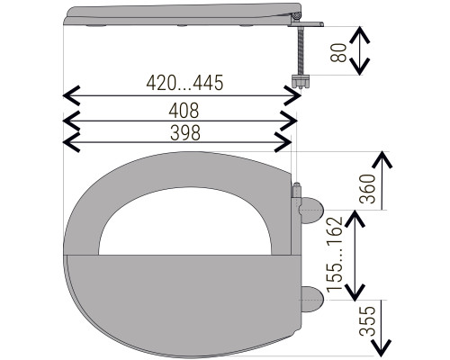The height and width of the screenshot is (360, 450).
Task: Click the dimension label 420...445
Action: coord(184,83)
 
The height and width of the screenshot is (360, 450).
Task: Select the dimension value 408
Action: coord(184,111)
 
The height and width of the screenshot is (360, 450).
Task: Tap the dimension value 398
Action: coord(185,133)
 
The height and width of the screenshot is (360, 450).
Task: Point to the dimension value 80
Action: coord(338,52)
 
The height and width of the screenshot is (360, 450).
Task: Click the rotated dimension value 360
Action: coord(367,189)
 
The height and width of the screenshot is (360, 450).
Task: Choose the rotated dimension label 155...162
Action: coord(335,255)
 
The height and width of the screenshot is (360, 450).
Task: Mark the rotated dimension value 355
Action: coord(368,320)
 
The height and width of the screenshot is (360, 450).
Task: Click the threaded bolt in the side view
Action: coord(301,51)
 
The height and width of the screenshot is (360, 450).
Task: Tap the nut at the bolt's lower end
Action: coord(301,82)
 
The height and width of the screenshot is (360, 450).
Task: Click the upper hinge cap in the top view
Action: coord(311,210)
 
